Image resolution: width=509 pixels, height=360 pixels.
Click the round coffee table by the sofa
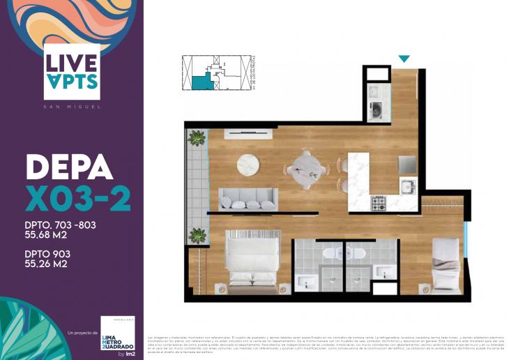click(x=248, y=165)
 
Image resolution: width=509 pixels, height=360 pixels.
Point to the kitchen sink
click(x=407, y=186)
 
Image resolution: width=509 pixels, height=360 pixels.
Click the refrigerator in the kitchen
click(x=407, y=164)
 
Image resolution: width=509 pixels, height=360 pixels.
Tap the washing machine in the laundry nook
click(x=376, y=110)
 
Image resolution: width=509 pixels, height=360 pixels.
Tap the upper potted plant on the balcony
click(x=197, y=137)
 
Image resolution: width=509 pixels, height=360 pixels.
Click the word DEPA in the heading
click(x=69, y=167)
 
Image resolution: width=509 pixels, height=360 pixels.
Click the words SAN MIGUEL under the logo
click(x=71, y=107)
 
